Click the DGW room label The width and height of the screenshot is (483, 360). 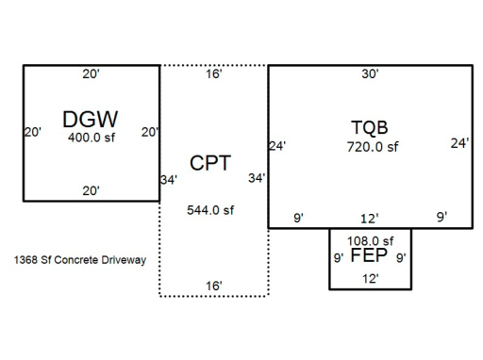coord(91,120)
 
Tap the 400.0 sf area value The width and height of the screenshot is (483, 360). coord(92,138)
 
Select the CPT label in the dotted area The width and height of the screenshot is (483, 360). coord(210,163)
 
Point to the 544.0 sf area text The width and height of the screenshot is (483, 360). coord(210,210)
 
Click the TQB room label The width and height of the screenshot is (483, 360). coord(370,128)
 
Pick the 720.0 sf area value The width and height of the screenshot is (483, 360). coord(373,147)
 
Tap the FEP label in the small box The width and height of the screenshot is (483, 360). coord(369,255)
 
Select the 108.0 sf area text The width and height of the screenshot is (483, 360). coord(370,241)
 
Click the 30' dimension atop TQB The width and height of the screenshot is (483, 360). coord(370,74)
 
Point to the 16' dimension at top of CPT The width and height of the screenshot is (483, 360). coord(214,74)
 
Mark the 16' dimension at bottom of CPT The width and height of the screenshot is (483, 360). coord(214,286)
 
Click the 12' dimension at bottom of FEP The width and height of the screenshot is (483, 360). coord(371,279)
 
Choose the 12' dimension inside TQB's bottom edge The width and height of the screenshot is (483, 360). coord(370,219)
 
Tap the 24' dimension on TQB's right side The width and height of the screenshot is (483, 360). coord(459,143)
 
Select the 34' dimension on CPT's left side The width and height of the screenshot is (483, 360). coord(169,180)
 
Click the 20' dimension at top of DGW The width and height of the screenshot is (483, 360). coord(92,74)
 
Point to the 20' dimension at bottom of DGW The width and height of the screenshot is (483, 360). coord(92,190)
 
